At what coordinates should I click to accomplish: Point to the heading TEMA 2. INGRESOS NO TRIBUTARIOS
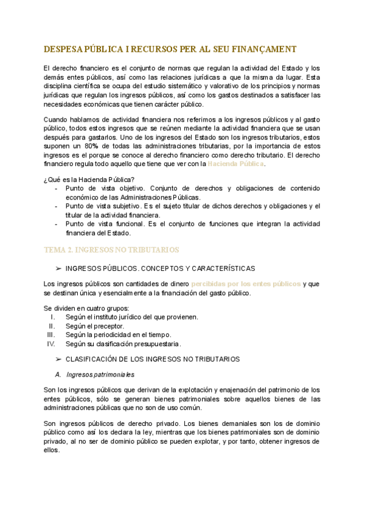[111, 250]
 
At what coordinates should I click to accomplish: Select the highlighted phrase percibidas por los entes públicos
[246, 284]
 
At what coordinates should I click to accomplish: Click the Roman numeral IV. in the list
[51, 344]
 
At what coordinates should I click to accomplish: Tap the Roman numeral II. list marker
[52, 326]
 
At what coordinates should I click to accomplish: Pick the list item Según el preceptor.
[94, 326]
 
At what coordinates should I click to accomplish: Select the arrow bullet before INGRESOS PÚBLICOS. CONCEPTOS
[58, 268]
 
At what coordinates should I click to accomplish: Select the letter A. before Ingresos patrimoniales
[58, 374]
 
